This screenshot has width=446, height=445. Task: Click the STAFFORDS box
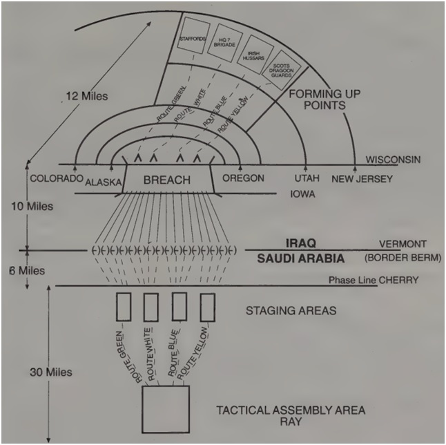point(193,39)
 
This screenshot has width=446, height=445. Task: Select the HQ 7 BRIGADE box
point(223,43)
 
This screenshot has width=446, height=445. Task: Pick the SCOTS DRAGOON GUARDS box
point(284,68)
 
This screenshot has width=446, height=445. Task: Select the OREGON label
point(243,178)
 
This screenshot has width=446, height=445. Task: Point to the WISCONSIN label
point(392,160)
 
